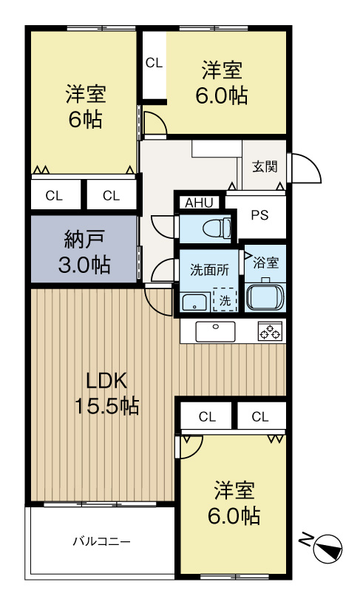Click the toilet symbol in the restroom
[x=217, y=229]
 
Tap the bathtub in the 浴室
[x=265, y=296]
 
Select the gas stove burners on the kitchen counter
[x=271, y=331]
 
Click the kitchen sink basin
[x=215, y=331]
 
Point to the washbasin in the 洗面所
[x=195, y=302]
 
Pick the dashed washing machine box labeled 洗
[x=225, y=299]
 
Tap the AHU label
[x=199, y=203]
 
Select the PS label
[x=259, y=215]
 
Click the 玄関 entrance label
[x=265, y=166]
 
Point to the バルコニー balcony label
[x=101, y=541]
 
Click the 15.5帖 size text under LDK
[x=106, y=406]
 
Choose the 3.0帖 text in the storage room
[x=84, y=264]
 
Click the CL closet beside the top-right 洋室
[x=154, y=63]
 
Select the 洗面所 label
[x=210, y=270]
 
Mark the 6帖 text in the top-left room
[x=85, y=119]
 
